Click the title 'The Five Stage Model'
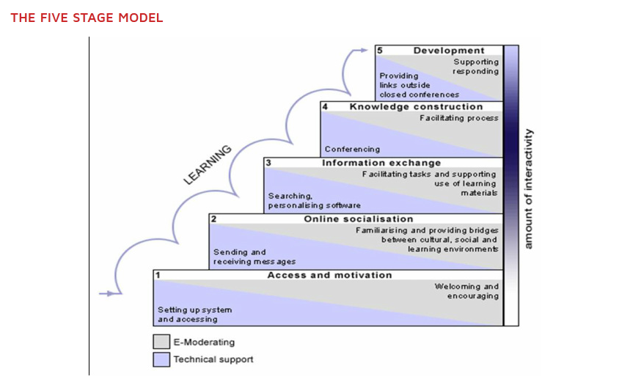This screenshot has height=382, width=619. (x=87, y=18)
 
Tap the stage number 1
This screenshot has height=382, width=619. (x=158, y=275)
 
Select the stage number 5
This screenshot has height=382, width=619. (x=380, y=51)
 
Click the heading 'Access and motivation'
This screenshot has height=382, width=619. (x=329, y=275)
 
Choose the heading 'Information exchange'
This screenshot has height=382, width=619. (x=381, y=163)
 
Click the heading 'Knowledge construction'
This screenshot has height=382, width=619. (x=416, y=107)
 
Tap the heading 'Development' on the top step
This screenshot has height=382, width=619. (x=449, y=51)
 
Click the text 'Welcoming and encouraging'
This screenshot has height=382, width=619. (x=466, y=291)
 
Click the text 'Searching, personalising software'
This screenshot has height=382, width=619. (x=314, y=201)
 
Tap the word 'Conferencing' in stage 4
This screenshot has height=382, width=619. (x=352, y=149)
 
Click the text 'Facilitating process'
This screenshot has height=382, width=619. (x=459, y=117)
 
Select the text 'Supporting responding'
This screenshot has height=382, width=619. (x=475, y=67)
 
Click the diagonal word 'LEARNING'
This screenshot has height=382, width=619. (x=208, y=165)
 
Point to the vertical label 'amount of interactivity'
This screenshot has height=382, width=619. (x=528, y=188)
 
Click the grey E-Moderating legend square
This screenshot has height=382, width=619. (x=161, y=342)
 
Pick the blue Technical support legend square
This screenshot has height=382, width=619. (x=161, y=359)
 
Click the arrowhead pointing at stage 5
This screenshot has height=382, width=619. (x=364, y=50)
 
